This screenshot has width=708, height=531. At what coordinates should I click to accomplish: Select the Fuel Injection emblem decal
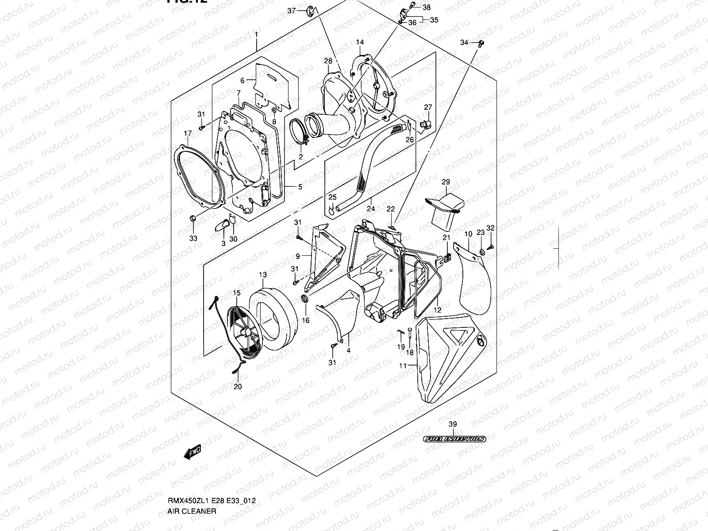coord(454,439)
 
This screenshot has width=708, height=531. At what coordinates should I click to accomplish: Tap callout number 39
coord(453,424)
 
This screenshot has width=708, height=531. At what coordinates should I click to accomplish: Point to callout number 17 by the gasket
coord(188,133)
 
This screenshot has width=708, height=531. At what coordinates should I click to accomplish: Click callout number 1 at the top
coord(256,35)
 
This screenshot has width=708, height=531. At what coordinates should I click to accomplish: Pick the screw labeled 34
coord(481,43)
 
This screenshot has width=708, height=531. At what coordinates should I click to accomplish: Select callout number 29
coord(446,182)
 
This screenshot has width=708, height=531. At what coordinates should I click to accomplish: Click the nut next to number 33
coord(192,218)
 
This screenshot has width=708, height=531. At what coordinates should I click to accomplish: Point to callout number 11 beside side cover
coord(403,366)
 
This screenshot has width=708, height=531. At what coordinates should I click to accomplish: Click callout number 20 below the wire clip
coord(238,386)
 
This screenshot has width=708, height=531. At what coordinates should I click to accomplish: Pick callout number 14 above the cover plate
coord(360,42)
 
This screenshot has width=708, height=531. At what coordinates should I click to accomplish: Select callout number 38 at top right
coord(427,7)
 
